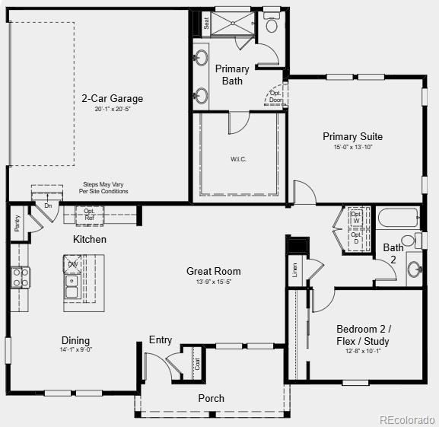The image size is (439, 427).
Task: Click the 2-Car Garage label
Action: coord(113,98)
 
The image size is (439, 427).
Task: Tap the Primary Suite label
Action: coord(352,137)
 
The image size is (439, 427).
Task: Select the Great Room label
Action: coord(214,271)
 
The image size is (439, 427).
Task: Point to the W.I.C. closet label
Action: coord(239,159)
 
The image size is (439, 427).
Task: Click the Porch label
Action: coord(212,398)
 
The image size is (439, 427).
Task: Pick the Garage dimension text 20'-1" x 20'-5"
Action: coord(113,110)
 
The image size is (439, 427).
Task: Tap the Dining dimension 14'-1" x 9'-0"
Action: coord(76,350)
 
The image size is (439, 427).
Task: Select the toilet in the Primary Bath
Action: coord(272,23)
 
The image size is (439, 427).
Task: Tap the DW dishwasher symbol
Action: coord(73,264)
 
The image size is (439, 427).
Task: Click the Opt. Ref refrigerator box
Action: coord(90,214)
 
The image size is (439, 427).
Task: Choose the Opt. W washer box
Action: coord(356,215)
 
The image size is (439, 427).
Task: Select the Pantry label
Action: coord(17,223)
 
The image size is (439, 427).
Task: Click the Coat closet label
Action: coord(198,364)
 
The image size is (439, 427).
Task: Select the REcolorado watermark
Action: coord(407,419)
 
